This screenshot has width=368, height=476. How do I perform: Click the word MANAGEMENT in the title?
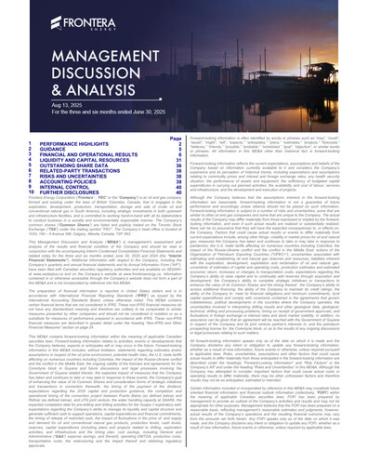(x=82, y=64)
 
